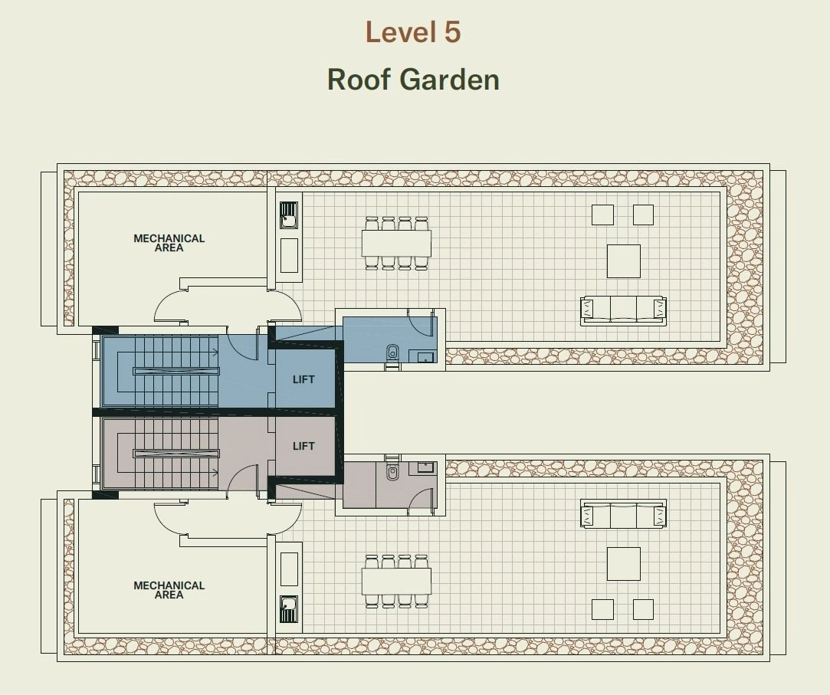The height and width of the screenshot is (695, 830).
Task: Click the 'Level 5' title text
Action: (x=413, y=31)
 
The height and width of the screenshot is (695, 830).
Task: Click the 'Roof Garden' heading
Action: (x=413, y=80)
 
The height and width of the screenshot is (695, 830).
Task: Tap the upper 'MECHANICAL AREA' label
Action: (x=169, y=243)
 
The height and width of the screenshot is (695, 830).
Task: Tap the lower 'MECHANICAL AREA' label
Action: (x=169, y=590)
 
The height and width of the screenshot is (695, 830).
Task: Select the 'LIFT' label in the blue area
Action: (x=303, y=379)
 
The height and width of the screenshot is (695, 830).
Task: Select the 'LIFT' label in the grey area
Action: (x=303, y=446)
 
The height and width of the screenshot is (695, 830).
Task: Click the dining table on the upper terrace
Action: (x=396, y=243)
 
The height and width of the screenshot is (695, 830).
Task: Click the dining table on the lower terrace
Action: (x=396, y=581)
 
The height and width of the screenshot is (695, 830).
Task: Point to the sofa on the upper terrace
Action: (x=623, y=310)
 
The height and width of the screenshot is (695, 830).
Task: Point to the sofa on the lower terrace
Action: (x=623, y=514)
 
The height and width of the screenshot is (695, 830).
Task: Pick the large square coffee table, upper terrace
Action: (x=624, y=261)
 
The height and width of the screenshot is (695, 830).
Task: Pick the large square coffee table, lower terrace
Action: (x=624, y=564)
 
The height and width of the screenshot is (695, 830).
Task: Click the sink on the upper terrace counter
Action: (x=288, y=215)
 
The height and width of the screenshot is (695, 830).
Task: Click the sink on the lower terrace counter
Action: (x=288, y=609)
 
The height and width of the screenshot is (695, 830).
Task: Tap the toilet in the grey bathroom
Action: (x=392, y=471)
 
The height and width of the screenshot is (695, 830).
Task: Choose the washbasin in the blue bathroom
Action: (x=425, y=357)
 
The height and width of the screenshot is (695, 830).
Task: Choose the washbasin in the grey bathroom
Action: (x=425, y=467)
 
